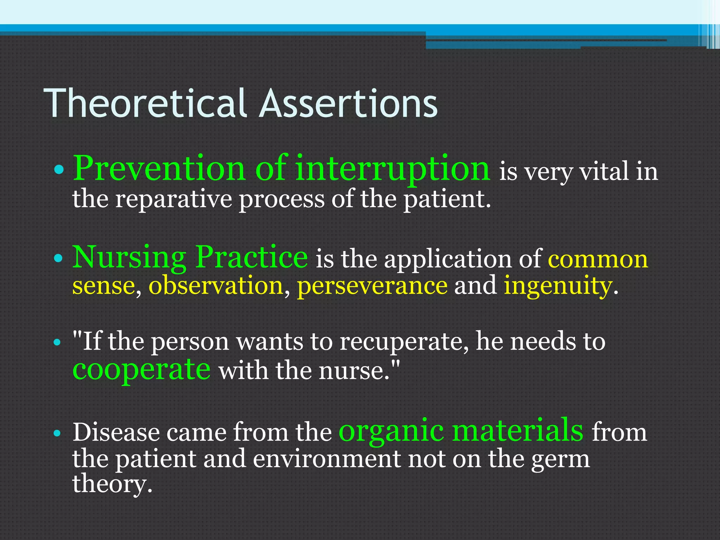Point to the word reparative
(174, 200)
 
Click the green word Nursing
(129, 258)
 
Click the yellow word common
(598, 260)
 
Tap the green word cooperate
(141, 370)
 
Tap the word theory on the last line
(112, 485)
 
